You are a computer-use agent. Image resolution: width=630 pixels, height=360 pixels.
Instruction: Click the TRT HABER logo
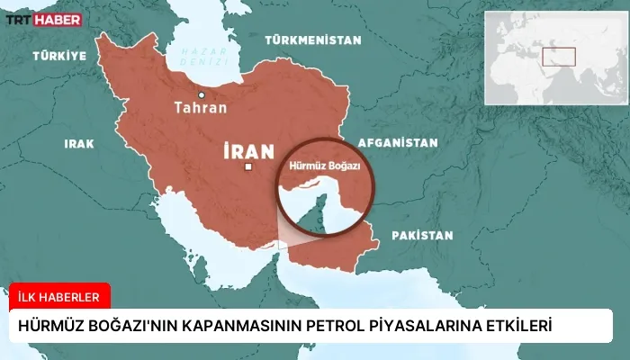[45, 19]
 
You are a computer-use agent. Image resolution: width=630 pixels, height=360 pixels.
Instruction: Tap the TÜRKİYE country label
[59, 56]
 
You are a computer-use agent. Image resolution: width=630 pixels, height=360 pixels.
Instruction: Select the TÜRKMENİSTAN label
[312, 40]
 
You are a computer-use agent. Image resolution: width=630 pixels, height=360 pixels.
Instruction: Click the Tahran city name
[201, 107]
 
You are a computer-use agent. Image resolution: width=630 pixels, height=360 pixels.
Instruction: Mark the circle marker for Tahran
[202, 94]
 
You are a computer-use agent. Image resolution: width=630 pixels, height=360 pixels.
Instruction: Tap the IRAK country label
[79, 143]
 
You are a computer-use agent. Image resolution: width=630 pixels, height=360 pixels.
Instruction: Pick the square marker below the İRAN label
[248, 167]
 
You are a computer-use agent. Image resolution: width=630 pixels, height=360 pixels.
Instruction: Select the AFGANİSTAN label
[398, 142]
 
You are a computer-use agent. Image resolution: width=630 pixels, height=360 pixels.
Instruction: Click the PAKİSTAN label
[421, 235]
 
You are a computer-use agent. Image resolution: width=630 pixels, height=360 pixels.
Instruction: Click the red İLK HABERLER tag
[59, 293]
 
